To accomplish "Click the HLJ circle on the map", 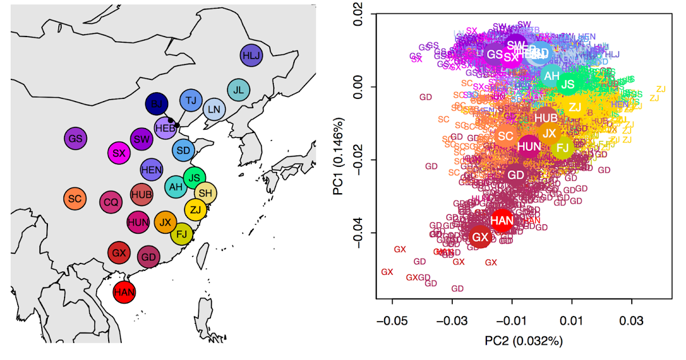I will [250, 55].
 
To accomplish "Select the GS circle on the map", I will [75, 138].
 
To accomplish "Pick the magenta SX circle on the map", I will [119, 153].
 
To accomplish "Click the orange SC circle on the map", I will [74, 198].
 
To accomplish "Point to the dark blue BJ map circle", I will [155, 104].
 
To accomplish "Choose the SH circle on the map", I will [206, 193].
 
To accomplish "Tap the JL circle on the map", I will [238, 90].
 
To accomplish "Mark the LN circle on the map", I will [214, 109].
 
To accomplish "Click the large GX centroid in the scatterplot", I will [480, 237].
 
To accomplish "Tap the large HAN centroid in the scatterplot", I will [502, 220].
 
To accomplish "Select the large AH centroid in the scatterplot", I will [552, 75].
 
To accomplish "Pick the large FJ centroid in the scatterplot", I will [563, 148].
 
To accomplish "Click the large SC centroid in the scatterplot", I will [505, 136].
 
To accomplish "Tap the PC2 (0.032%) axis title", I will [524, 341].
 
